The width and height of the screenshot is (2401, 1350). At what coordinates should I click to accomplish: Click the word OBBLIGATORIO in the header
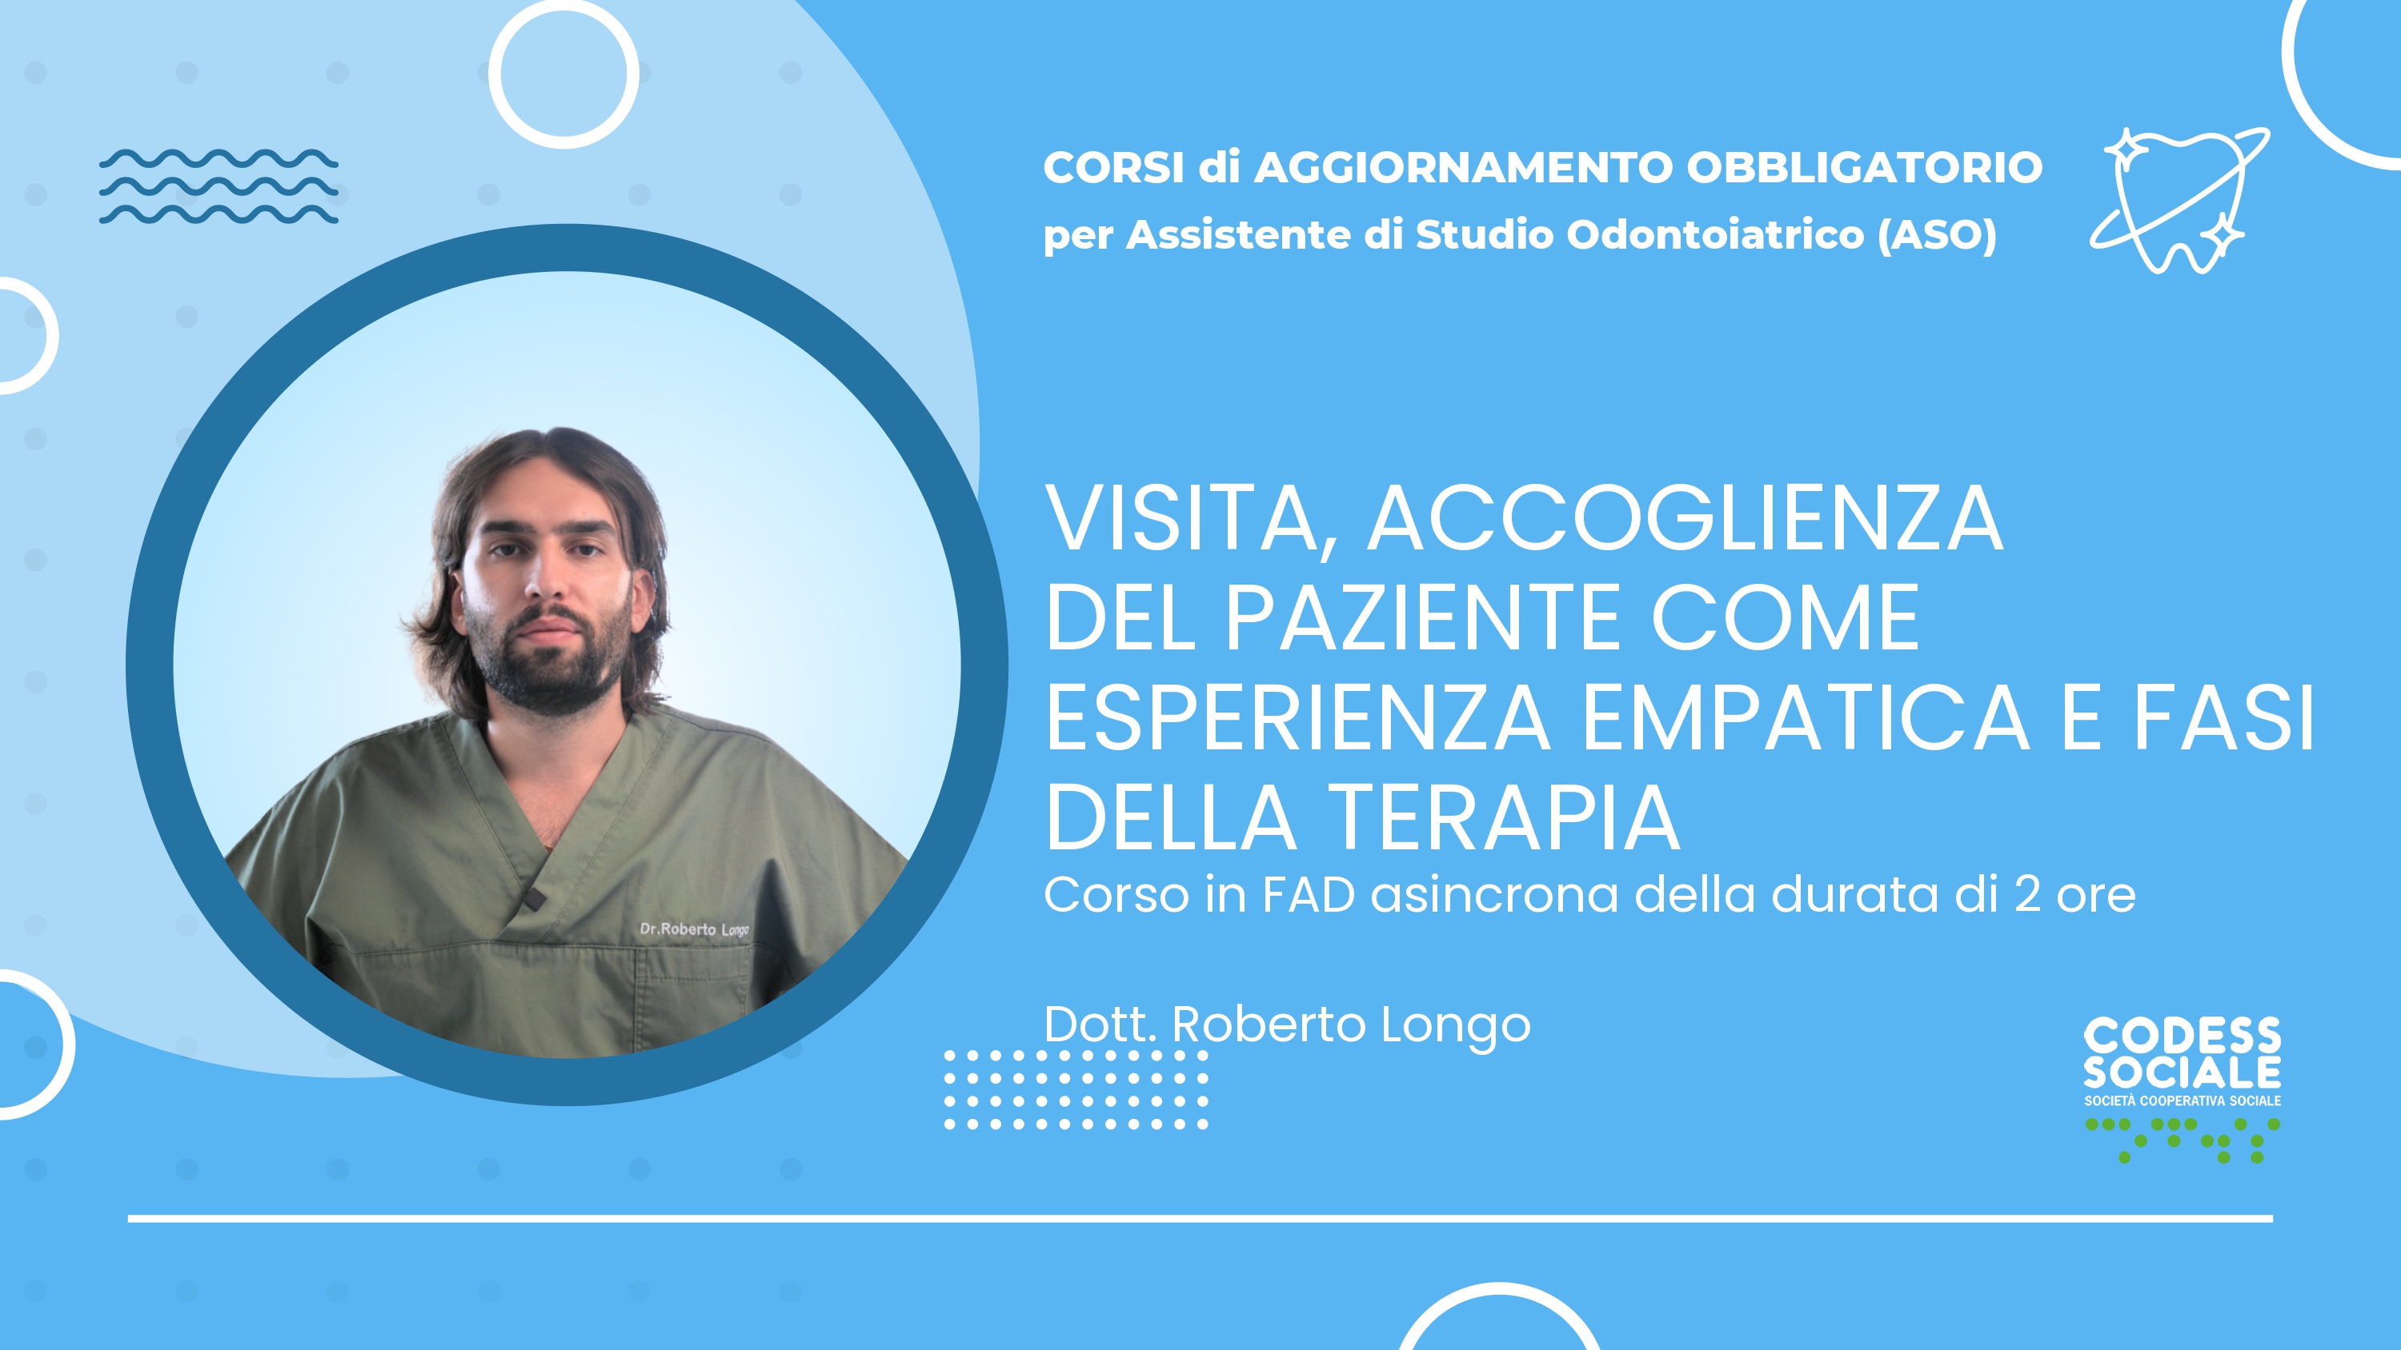[x=1864, y=168]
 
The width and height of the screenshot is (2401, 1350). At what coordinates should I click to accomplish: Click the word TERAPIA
[x=1503, y=817]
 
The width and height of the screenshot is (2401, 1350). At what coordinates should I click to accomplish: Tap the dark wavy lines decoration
[x=219, y=186]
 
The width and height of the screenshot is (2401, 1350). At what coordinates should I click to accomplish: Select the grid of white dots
[x=1076, y=1090]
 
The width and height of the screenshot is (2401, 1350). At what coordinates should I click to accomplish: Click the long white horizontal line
[x=1200, y=1219]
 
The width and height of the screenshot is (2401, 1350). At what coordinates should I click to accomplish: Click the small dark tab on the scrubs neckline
[x=533, y=899]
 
